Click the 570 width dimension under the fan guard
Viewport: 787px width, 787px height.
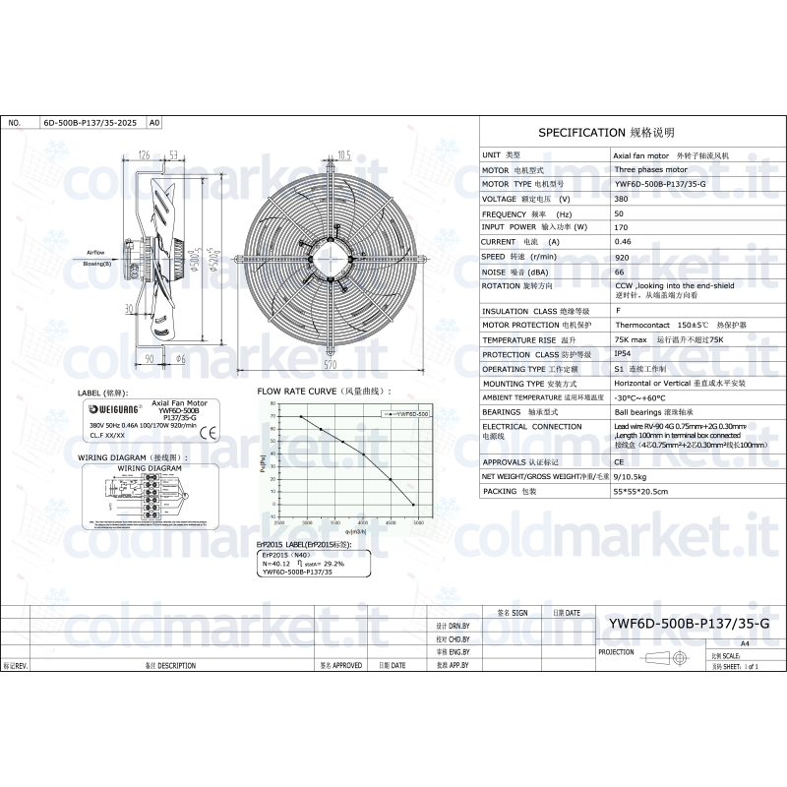pos(330,364)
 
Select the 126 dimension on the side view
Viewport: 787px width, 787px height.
pos(144,155)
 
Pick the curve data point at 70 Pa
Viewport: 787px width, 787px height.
pos(301,417)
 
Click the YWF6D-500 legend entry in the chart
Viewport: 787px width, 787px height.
pos(406,415)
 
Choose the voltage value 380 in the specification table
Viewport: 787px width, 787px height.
pos(621,198)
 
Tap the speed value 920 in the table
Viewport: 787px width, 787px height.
pos(621,256)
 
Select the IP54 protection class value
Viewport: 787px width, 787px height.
pos(623,354)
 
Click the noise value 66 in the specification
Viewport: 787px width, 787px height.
pos(619,271)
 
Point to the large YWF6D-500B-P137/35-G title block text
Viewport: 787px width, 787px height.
pos(689,623)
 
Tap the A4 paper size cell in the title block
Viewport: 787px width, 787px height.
pos(745,641)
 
